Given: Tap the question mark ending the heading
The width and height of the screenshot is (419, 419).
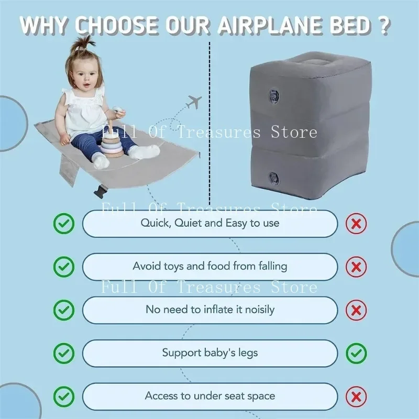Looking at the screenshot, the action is [x=383, y=26].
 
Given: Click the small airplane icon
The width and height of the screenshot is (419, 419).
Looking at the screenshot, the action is [x=194, y=102].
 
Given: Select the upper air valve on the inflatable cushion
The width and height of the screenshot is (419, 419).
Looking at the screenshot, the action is [x=273, y=95].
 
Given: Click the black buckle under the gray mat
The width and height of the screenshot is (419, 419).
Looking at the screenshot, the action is [x=101, y=191].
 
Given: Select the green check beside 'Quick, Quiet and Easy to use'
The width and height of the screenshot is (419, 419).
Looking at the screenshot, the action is [x=64, y=224].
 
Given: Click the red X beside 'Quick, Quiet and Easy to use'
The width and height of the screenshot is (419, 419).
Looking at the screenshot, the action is [x=356, y=224].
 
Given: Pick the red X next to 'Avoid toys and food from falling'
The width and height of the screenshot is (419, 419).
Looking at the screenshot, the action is [x=356, y=267].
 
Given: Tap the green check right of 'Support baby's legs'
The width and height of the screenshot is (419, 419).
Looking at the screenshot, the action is [x=356, y=353].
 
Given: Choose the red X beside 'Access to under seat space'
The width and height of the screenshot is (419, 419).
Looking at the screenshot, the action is [x=356, y=396].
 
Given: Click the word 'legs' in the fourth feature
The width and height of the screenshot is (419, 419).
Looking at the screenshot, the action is [x=248, y=353].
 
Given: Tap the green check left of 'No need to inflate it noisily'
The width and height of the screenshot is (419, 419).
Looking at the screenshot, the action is [x=64, y=310].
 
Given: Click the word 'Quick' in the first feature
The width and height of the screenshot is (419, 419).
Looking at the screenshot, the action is [x=156, y=223].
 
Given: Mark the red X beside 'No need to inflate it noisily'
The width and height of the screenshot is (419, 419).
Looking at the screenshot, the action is [x=356, y=310].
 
